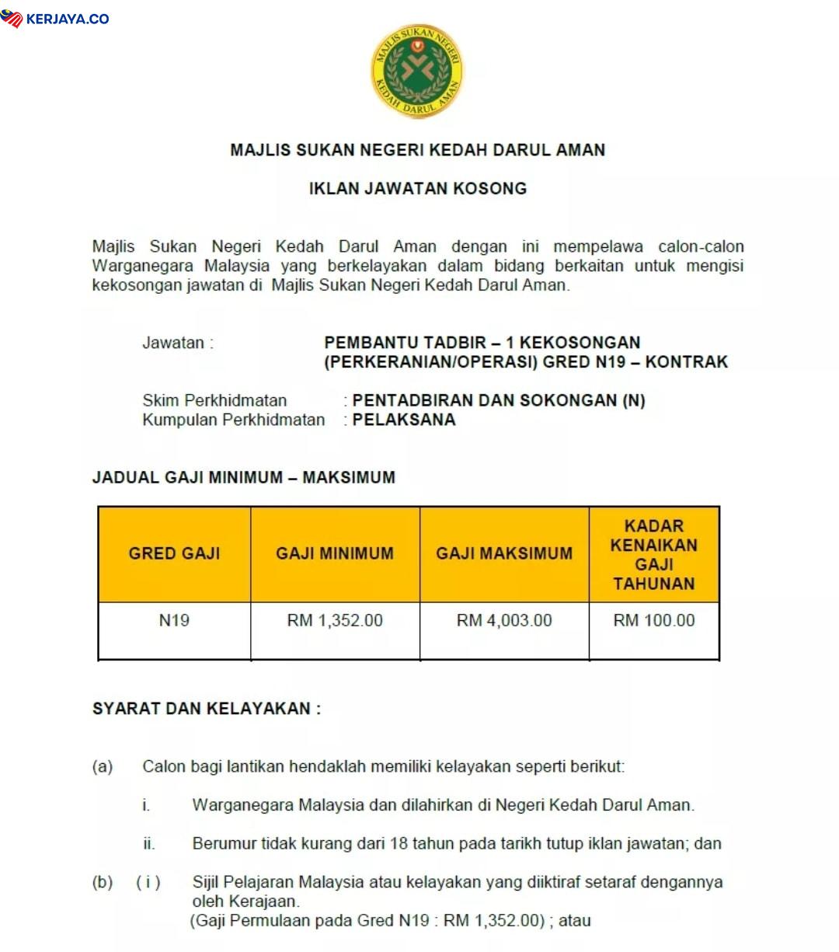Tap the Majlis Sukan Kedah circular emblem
point(417,71)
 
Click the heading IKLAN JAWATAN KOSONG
point(418,188)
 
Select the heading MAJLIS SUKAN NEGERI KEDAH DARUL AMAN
point(418,150)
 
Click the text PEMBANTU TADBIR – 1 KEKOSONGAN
point(482,343)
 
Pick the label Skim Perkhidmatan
point(214,400)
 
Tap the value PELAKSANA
point(404,420)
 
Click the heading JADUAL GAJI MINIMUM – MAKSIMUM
point(243,477)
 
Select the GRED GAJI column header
point(174,553)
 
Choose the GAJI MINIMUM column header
point(335,553)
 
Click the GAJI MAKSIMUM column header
point(504,553)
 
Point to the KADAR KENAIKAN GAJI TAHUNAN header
point(653,554)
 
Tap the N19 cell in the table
point(174,620)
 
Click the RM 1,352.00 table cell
point(335,620)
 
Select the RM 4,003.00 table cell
point(504,620)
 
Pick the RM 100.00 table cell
point(653,620)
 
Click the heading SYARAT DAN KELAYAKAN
point(206,709)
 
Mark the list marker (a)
point(103,767)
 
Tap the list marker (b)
point(103,882)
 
